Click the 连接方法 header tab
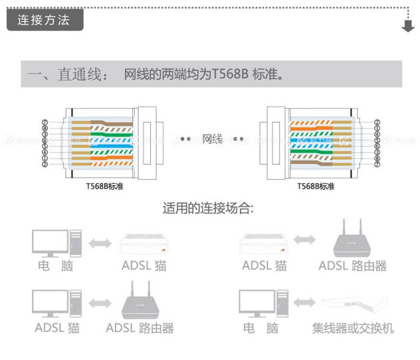pos(44,21)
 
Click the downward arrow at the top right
pos(408,26)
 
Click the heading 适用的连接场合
pos(208,207)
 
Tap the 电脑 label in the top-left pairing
pos(55,265)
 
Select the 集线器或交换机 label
pos(353,328)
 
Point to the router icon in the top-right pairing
pos(352,239)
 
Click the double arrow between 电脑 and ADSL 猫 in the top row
pos(100,244)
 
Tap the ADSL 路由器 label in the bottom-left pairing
pos(140,328)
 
